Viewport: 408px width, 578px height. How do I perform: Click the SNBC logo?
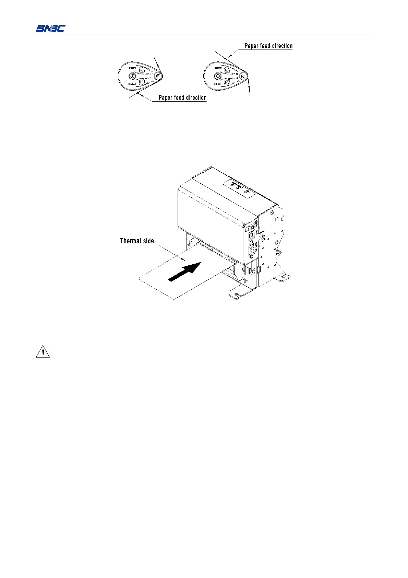[x=50, y=28]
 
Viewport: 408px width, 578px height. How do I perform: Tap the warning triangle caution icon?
[x=43, y=352]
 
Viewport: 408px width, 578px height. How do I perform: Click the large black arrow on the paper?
[x=185, y=271]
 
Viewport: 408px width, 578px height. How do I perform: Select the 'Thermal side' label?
[x=137, y=241]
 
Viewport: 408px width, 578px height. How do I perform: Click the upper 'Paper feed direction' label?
[x=268, y=46]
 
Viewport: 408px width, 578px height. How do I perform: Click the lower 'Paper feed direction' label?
[x=182, y=97]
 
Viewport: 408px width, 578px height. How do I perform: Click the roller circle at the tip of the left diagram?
[x=157, y=76]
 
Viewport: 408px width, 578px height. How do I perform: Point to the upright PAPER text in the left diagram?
[x=133, y=68]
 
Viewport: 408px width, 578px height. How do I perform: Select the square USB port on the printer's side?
[x=251, y=235]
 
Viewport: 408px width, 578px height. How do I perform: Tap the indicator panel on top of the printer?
[x=239, y=188]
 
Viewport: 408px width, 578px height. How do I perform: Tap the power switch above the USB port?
[x=253, y=227]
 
